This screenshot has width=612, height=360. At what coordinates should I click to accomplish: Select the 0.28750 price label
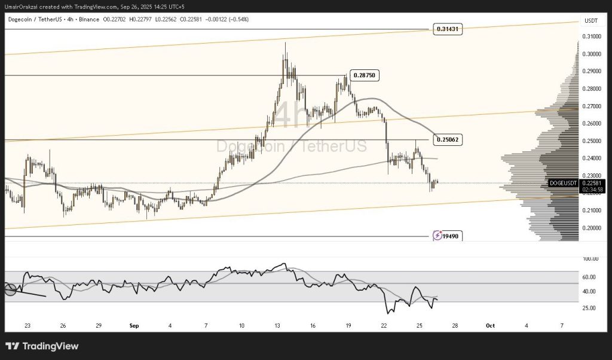click(364, 75)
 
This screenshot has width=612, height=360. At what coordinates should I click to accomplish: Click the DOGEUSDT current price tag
click(564, 183)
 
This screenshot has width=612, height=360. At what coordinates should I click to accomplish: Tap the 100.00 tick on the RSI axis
click(590, 258)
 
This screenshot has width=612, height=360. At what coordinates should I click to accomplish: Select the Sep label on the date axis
click(133, 326)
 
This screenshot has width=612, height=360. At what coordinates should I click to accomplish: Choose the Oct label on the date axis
click(490, 326)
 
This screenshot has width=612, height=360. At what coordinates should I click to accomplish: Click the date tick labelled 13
click(277, 326)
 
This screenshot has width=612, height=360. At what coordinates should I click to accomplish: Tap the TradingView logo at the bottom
click(42, 346)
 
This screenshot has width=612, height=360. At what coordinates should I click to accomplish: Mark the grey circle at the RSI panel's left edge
click(11, 289)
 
